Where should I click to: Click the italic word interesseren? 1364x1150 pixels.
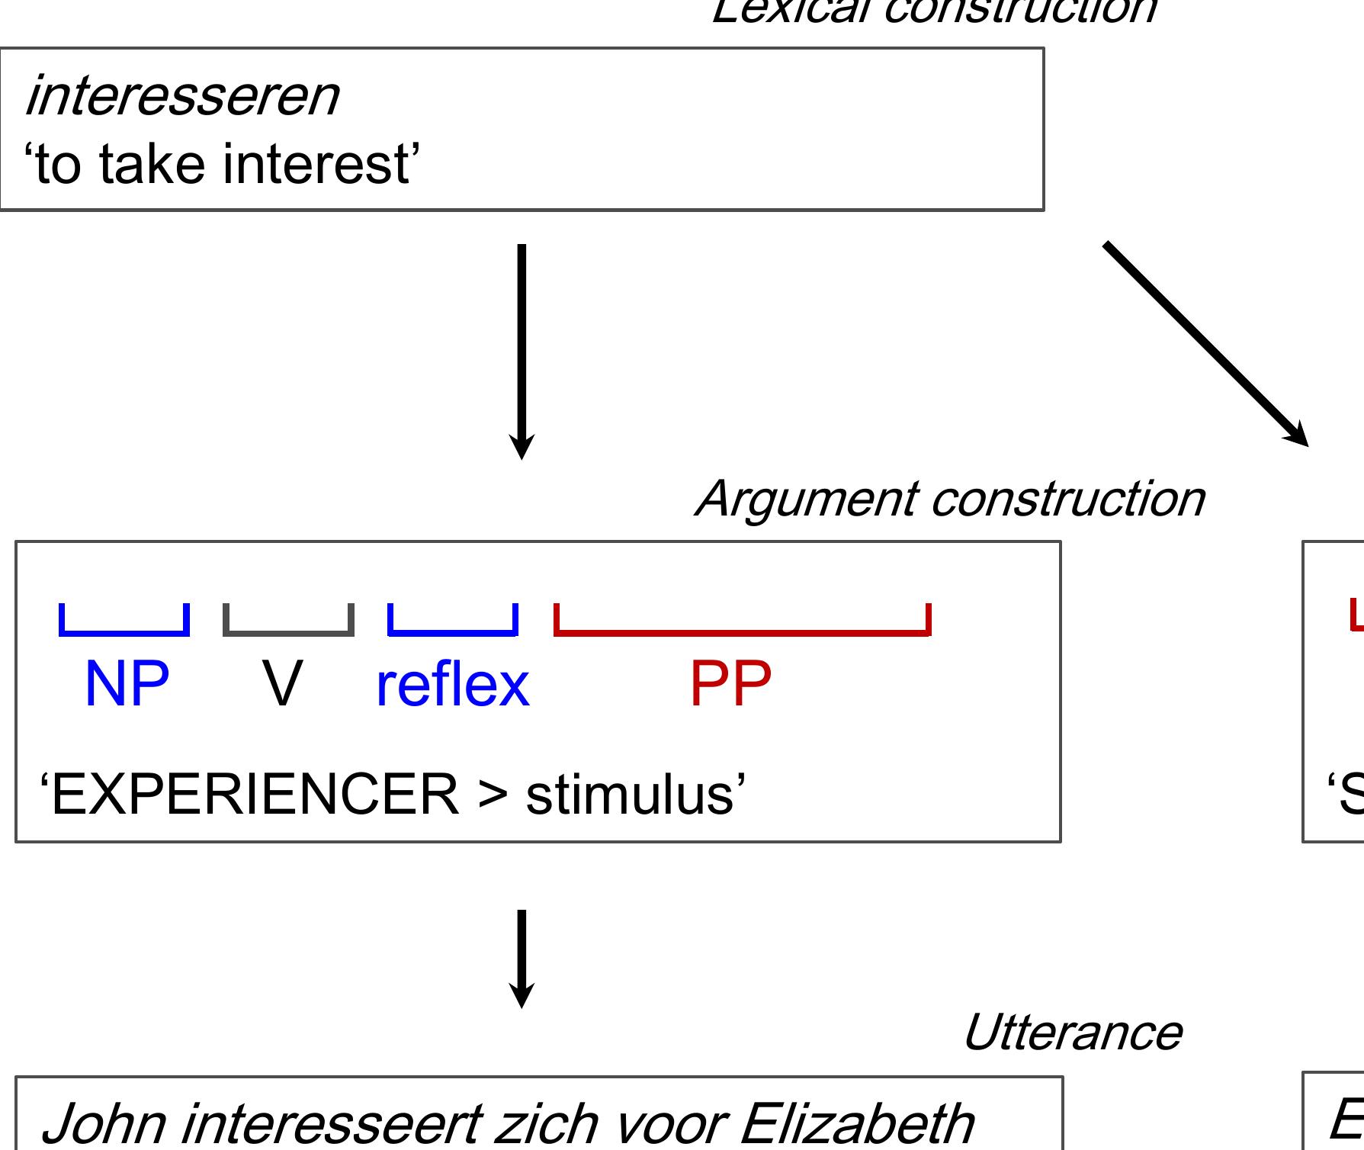tap(181, 98)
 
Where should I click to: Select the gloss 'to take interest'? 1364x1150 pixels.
tap(223, 165)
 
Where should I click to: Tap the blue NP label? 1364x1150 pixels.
tap(127, 684)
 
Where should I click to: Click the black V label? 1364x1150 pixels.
tap(282, 684)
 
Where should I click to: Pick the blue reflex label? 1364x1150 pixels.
tap(452, 684)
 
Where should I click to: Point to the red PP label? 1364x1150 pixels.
tap(730, 684)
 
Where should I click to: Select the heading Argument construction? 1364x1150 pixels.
tap(948, 499)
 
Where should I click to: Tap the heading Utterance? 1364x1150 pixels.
tap(1072, 1033)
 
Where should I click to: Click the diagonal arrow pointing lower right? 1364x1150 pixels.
tap(1205, 342)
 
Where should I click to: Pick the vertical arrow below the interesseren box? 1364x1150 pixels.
tap(522, 351)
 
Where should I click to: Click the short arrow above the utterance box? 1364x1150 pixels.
tap(522, 958)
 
